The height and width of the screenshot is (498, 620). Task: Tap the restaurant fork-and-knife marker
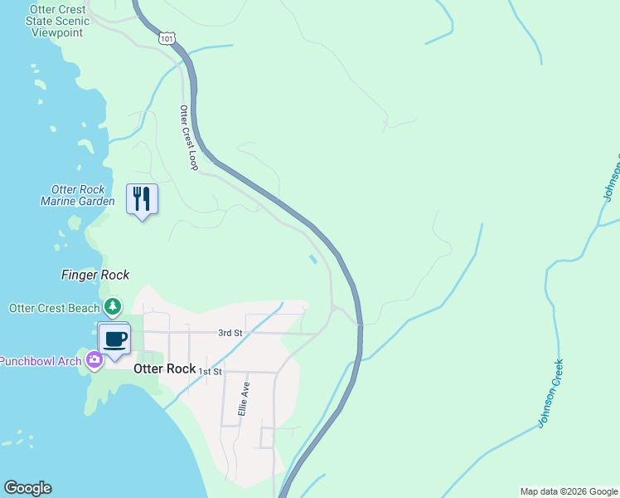142,199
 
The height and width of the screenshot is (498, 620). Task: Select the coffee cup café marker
115,339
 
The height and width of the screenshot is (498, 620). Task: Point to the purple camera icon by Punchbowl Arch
94,359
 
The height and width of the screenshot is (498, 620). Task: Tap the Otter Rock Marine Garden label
78,195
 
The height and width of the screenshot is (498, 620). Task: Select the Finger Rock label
95,275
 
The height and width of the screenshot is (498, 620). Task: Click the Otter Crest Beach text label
54,308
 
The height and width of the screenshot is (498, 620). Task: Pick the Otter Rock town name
164,369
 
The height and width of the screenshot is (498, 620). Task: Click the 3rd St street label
230,333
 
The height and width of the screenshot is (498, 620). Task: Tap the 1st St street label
211,371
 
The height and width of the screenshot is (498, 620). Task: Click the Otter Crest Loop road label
189,138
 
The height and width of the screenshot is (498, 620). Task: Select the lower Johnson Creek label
550,393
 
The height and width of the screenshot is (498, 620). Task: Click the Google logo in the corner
27,488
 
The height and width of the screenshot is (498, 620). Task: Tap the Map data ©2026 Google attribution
569,491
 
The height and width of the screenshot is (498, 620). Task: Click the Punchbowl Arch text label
40,360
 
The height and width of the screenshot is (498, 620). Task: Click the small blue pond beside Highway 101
312,259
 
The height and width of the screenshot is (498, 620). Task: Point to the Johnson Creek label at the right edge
613,177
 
